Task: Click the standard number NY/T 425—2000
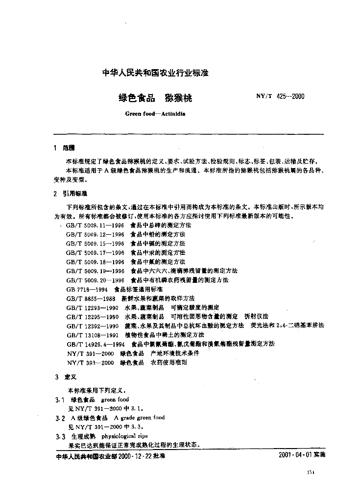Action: (280, 96)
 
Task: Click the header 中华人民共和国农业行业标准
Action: (155, 73)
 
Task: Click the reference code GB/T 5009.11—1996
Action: (95, 225)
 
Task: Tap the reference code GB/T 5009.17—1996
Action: (95, 252)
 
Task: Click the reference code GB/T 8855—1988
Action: (92, 298)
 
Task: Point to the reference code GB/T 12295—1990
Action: (93, 317)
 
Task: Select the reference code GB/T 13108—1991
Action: (93, 335)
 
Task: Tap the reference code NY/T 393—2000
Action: (90, 363)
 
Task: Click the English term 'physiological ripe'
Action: (125, 436)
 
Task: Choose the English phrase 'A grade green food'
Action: (140, 418)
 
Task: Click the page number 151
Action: (310, 473)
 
